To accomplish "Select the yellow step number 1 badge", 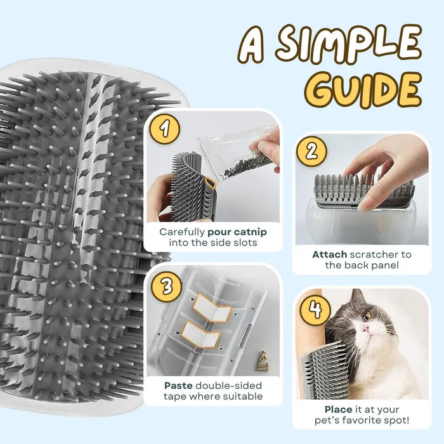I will click(166, 129).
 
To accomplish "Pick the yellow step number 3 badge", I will click(166, 287).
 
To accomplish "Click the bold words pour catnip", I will click(237, 232).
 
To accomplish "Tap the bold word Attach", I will click(329, 254).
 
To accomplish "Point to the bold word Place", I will click(339, 409).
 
